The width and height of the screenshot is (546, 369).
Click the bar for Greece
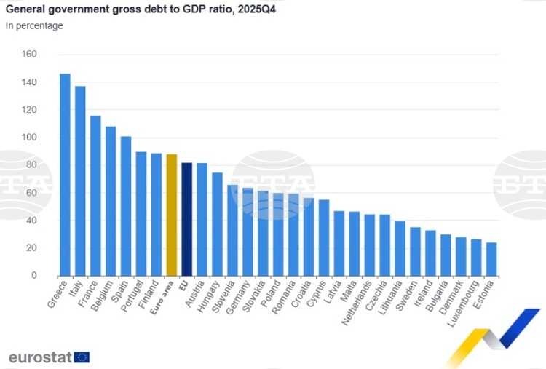click(x=65, y=175)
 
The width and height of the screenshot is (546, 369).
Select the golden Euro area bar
click(x=172, y=215)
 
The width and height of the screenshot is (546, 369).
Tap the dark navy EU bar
click(x=187, y=219)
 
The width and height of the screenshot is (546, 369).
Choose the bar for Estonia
click(x=491, y=259)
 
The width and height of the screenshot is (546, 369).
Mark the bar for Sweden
click(x=415, y=251)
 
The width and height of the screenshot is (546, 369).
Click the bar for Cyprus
click(x=324, y=237)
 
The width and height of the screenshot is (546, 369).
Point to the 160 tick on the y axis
click(x=29, y=55)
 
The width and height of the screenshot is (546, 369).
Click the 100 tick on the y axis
click(x=29, y=138)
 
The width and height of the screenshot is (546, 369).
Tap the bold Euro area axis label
click(x=162, y=295)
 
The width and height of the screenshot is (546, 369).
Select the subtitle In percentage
click(x=34, y=26)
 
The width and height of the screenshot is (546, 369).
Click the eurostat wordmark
click(x=40, y=357)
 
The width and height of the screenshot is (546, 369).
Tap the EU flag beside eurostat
click(x=82, y=357)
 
